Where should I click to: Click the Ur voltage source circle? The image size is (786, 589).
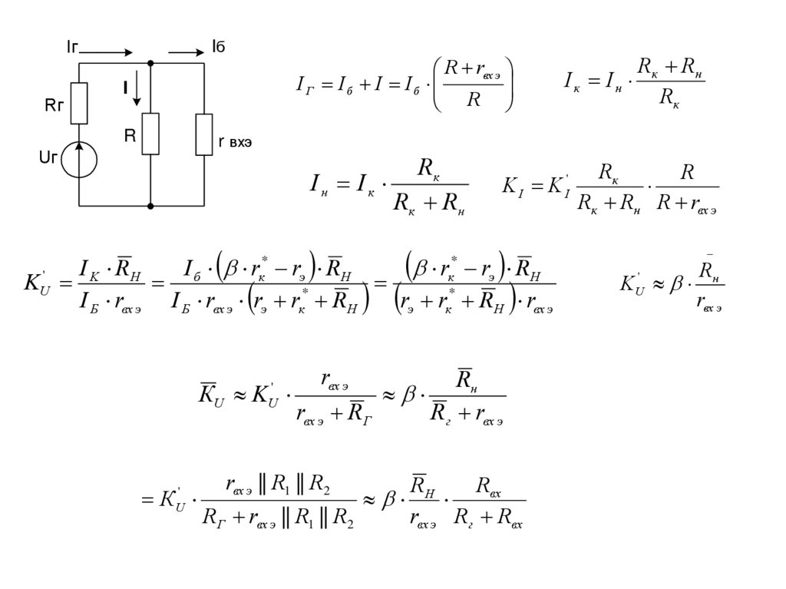coord(79,159)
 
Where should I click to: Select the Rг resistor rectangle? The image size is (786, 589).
coord(79,104)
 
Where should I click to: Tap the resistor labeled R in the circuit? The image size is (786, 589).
coord(150,134)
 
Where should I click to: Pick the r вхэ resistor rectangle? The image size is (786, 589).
coord(203,134)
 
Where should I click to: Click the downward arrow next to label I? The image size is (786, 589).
coord(137,88)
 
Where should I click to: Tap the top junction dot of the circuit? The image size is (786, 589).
coord(150,64)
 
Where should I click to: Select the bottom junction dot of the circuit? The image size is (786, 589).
coord(150,206)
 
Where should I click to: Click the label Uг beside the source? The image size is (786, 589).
coord(48,157)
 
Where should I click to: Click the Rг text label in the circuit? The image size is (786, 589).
coord(54,106)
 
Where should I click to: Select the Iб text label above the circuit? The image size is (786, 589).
coord(218,48)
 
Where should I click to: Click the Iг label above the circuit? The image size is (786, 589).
coord(72,48)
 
